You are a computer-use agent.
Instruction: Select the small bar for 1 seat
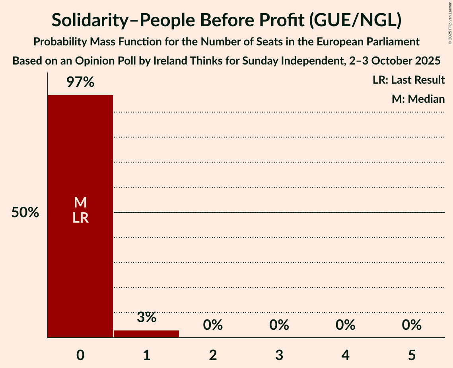pos(146,334)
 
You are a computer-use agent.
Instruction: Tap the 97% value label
pos(80,82)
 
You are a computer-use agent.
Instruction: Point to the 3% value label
pos(146,317)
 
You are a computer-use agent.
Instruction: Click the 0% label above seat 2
pos(213,325)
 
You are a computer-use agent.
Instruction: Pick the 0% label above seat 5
pos(412,325)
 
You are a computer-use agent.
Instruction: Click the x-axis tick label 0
pos(80,355)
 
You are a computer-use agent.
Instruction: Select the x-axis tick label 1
pos(146,355)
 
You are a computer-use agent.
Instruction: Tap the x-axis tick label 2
pos(213,355)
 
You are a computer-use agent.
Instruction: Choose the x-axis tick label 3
pos(279,355)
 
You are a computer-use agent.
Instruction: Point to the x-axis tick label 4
pos(345,355)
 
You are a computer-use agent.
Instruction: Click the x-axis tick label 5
pos(412,355)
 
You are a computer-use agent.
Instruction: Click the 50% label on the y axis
pos(25,213)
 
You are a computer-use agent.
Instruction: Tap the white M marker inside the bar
pos(80,203)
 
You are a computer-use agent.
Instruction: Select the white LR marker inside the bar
pos(80,218)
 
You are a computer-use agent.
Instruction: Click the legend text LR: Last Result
pos(409,80)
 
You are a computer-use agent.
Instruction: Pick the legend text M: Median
pos(418,99)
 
